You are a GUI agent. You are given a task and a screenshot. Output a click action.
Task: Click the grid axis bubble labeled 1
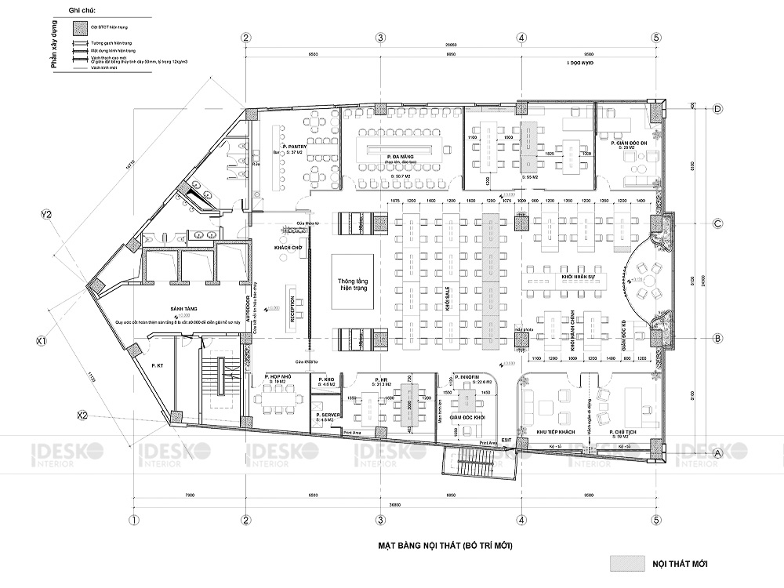pyautogui.click(x=134, y=520)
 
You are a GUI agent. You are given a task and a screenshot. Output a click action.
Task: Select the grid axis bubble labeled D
pyautogui.click(x=717, y=109)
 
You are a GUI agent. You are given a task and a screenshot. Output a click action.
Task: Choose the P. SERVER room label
pyautogui.click(x=325, y=415)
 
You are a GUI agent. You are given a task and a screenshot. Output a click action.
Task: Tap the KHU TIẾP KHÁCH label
pyautogui.click(x=556, y=432)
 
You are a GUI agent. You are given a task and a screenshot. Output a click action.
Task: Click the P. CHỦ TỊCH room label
pyautogui.click(x=625, y=432)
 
